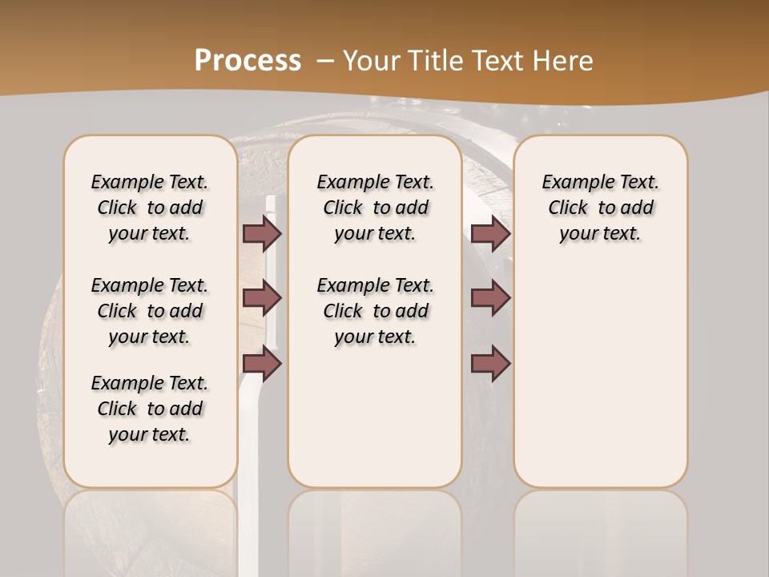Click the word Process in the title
(248, 61)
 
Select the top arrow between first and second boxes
(262, 233)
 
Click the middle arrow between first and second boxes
(262, 298)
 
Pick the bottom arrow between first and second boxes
(262, 364)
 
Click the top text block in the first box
(150, 208)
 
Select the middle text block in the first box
(150, 311)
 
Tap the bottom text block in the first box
(150, 409)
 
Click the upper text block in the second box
(375, 208)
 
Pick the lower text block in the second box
(375, 311)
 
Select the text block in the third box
(600, 208)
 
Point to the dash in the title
(325, 61)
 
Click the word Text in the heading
(498, 61)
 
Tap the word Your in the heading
(372, 61)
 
